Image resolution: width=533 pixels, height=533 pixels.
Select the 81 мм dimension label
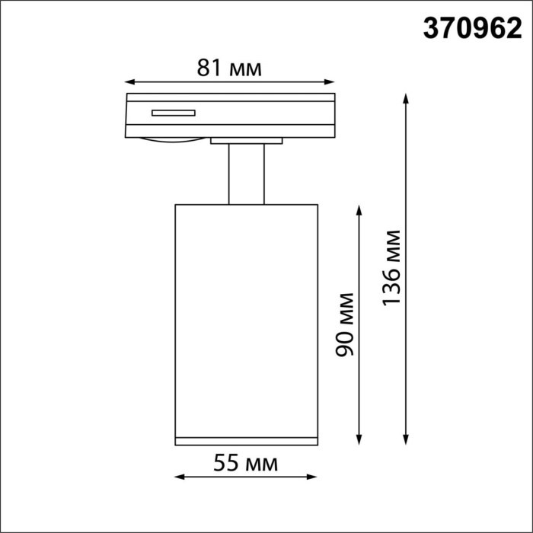229,68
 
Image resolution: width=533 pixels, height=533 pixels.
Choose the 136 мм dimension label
391,267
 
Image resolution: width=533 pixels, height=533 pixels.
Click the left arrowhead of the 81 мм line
129,81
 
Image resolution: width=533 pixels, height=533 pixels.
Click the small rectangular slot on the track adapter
173,113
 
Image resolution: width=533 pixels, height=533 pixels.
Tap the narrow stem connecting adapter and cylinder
246,174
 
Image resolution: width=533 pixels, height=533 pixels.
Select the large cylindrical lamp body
246,320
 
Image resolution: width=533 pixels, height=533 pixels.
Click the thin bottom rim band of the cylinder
246,440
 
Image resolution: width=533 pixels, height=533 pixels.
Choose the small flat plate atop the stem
247,140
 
